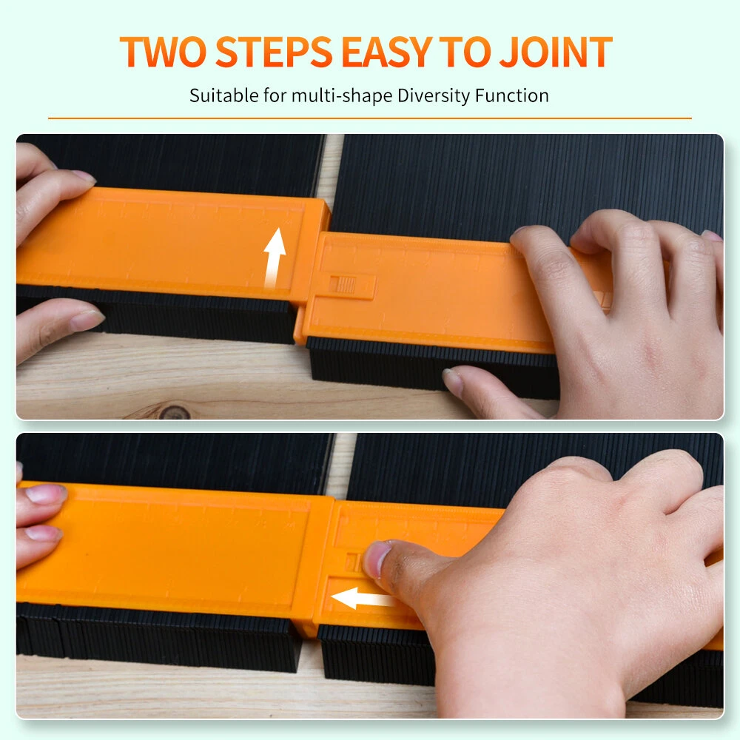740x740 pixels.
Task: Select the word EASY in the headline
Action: (386, 52)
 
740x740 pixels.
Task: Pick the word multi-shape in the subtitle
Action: (342, 96)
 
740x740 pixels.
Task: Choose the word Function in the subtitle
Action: (512, 95)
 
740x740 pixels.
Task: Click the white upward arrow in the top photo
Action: (275, 258)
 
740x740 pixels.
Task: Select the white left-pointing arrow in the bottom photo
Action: (363, 599)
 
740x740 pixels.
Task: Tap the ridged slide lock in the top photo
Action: (343, 284)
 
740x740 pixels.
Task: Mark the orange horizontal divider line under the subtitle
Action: (370, 118)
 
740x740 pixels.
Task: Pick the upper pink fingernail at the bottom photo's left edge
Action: (46, 494)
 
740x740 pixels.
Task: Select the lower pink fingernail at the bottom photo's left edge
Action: (43, 534)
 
